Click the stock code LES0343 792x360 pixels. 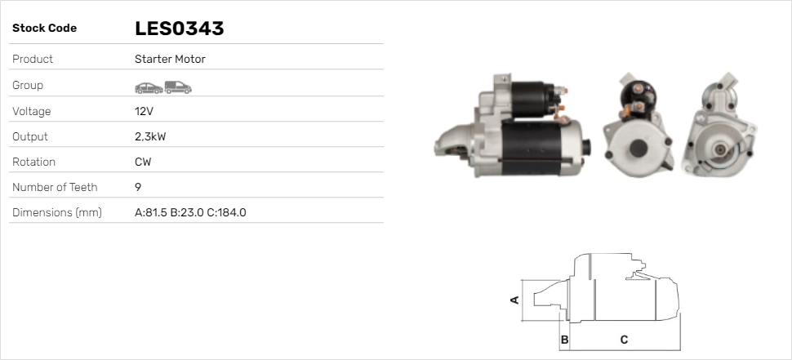click(180, 29)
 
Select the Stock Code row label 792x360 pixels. click(44, 29)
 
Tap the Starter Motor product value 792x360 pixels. click(170, 59)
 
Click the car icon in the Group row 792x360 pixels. click(149, 88)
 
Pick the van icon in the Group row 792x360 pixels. click(178, 87)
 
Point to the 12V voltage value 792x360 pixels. click(144, 111)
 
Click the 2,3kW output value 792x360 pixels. click(150, 137)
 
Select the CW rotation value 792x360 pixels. click(143, 162)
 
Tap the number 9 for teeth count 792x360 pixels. click(138, 187)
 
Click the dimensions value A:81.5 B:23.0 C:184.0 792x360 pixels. click(190, 212)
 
